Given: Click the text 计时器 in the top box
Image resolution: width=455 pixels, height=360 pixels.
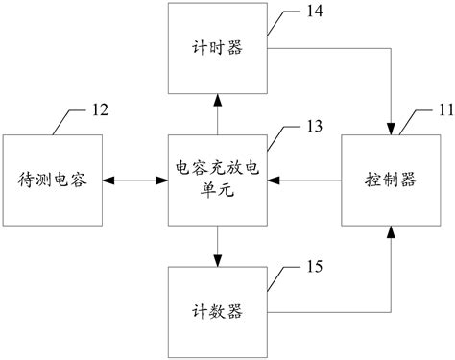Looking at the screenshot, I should (x=216, y=47).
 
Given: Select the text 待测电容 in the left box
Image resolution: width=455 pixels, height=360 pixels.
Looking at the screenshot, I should (x=53, y=180).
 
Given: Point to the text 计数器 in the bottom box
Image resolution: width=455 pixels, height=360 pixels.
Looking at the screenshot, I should (x=216, y=311).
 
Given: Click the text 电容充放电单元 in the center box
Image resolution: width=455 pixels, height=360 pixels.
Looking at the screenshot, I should (x=216, y=180).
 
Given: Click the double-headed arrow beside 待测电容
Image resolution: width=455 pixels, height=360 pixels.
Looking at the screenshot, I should (x=133, y=180).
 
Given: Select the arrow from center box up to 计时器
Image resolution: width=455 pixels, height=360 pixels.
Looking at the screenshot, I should (x=216, y=113).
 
